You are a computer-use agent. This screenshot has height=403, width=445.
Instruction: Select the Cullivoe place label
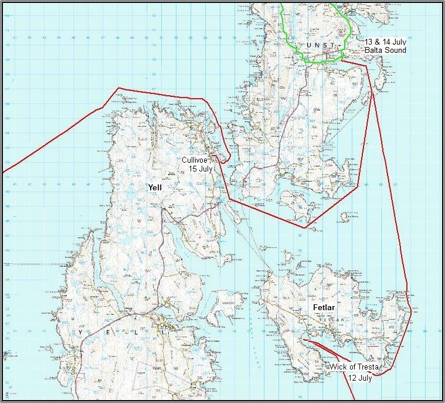point(194,159)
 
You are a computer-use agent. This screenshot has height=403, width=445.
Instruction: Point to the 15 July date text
point(200,169)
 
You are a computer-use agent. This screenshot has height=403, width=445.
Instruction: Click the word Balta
point(373,51)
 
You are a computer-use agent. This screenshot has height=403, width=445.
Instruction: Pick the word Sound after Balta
point(395,51)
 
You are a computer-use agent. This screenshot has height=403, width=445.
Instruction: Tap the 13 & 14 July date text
point(385,42)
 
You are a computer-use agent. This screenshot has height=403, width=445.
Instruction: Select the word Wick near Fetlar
point(337,367)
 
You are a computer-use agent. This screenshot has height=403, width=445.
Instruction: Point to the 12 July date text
point(360,378)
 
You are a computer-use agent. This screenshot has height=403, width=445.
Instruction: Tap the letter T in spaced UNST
point(332,45)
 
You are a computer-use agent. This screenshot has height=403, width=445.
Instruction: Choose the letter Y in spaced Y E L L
point(81,333)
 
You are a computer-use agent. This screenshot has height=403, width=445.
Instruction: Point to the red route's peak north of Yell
point(119,88)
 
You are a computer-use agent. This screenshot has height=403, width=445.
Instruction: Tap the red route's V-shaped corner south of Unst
point(304,227)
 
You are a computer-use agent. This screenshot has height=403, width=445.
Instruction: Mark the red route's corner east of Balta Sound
point(367,65)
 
